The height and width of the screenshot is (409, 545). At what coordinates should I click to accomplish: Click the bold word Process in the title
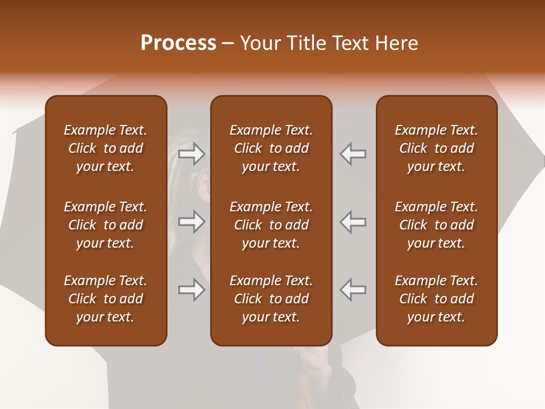[178, 43]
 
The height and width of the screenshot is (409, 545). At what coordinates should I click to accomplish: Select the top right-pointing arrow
[192, 154]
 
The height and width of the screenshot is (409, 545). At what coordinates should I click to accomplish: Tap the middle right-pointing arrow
[192, 222]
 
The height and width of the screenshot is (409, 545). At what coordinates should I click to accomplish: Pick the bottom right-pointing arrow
[192, 290]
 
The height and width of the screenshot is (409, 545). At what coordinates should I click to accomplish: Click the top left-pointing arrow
[353, 154]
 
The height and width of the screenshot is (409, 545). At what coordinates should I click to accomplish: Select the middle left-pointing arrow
[353, 222]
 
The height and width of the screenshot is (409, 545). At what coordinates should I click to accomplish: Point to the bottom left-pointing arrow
[353, 290]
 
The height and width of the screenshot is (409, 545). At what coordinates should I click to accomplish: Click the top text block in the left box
[106, 148]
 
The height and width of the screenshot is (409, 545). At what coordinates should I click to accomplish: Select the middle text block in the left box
[106, 225]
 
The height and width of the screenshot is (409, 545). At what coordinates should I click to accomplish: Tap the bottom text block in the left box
[106, 299]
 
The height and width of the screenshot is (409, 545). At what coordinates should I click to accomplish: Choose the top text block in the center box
[271, 148]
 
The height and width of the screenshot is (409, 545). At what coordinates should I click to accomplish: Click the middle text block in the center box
[271, 225]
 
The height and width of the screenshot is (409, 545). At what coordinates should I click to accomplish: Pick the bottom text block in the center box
[271, 299]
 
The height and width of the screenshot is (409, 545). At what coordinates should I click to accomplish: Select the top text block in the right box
[437, 148]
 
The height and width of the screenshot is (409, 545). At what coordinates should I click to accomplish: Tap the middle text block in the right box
[437, 225]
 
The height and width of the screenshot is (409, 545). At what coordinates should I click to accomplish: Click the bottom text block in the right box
[437, 299]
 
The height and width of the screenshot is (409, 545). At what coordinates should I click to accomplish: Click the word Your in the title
[261, 43]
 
